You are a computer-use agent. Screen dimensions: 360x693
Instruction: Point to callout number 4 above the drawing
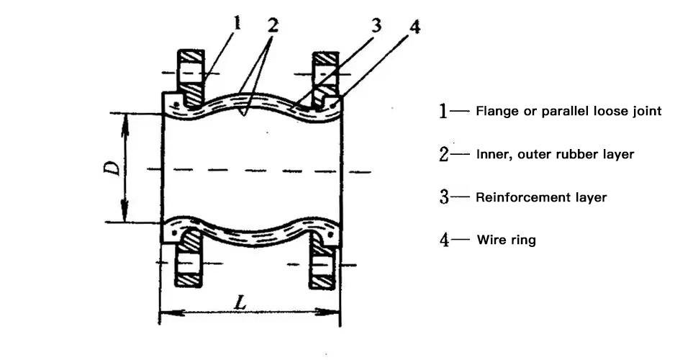click(414, 28)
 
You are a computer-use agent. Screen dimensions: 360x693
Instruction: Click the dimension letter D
click(111, 168)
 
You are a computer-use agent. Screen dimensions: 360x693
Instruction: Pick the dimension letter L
click(241, 302)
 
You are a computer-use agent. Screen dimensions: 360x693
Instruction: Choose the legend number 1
click(443, 111)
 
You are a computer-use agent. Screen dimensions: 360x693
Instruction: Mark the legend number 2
click(444, 154)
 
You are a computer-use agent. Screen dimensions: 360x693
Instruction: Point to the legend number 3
click(444, 197)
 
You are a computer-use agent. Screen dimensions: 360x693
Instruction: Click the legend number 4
click(444, 240)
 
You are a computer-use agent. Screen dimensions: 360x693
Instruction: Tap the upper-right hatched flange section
click(324, 75)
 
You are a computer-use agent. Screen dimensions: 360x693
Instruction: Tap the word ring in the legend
click(523, 240)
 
